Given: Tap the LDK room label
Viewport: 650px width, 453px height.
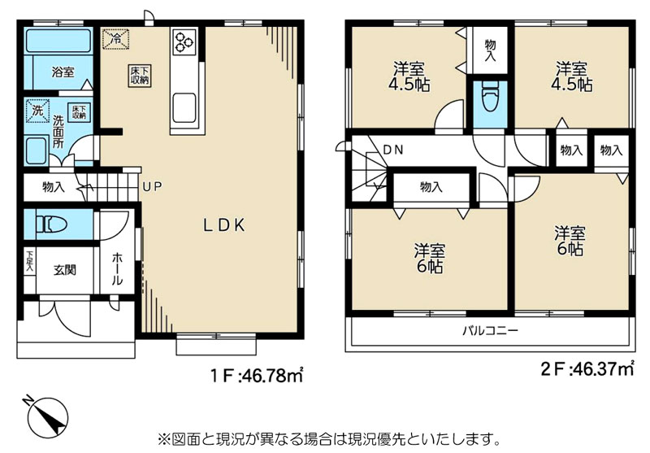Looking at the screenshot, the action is coord(224,225).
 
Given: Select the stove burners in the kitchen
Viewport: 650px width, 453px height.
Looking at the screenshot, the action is coord(184,41).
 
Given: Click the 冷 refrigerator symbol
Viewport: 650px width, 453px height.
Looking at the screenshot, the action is coord(115,38).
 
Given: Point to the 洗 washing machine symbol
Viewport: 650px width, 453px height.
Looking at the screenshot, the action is coord(37,111).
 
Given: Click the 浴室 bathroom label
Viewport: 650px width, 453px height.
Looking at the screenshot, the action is coord(63,72).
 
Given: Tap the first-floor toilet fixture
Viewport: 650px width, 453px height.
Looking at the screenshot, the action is coord(51,224).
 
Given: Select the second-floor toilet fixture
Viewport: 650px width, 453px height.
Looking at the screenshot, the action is coord(490,97).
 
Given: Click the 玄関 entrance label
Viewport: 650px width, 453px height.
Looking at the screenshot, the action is coord(65,270).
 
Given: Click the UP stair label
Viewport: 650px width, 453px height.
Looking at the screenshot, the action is coord(152,187).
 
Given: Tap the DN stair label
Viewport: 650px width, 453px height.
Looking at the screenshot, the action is coord(393,150).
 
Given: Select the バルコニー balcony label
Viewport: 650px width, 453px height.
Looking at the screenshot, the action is coord(491,331).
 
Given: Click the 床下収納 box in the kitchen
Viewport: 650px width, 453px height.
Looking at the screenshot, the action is coord(140,76).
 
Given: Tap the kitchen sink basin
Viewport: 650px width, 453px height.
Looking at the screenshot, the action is coord(184,108).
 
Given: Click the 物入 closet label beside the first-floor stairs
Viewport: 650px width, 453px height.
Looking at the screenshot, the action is coord(54,187).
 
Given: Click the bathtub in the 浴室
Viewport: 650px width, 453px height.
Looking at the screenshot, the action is coord(58,41).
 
